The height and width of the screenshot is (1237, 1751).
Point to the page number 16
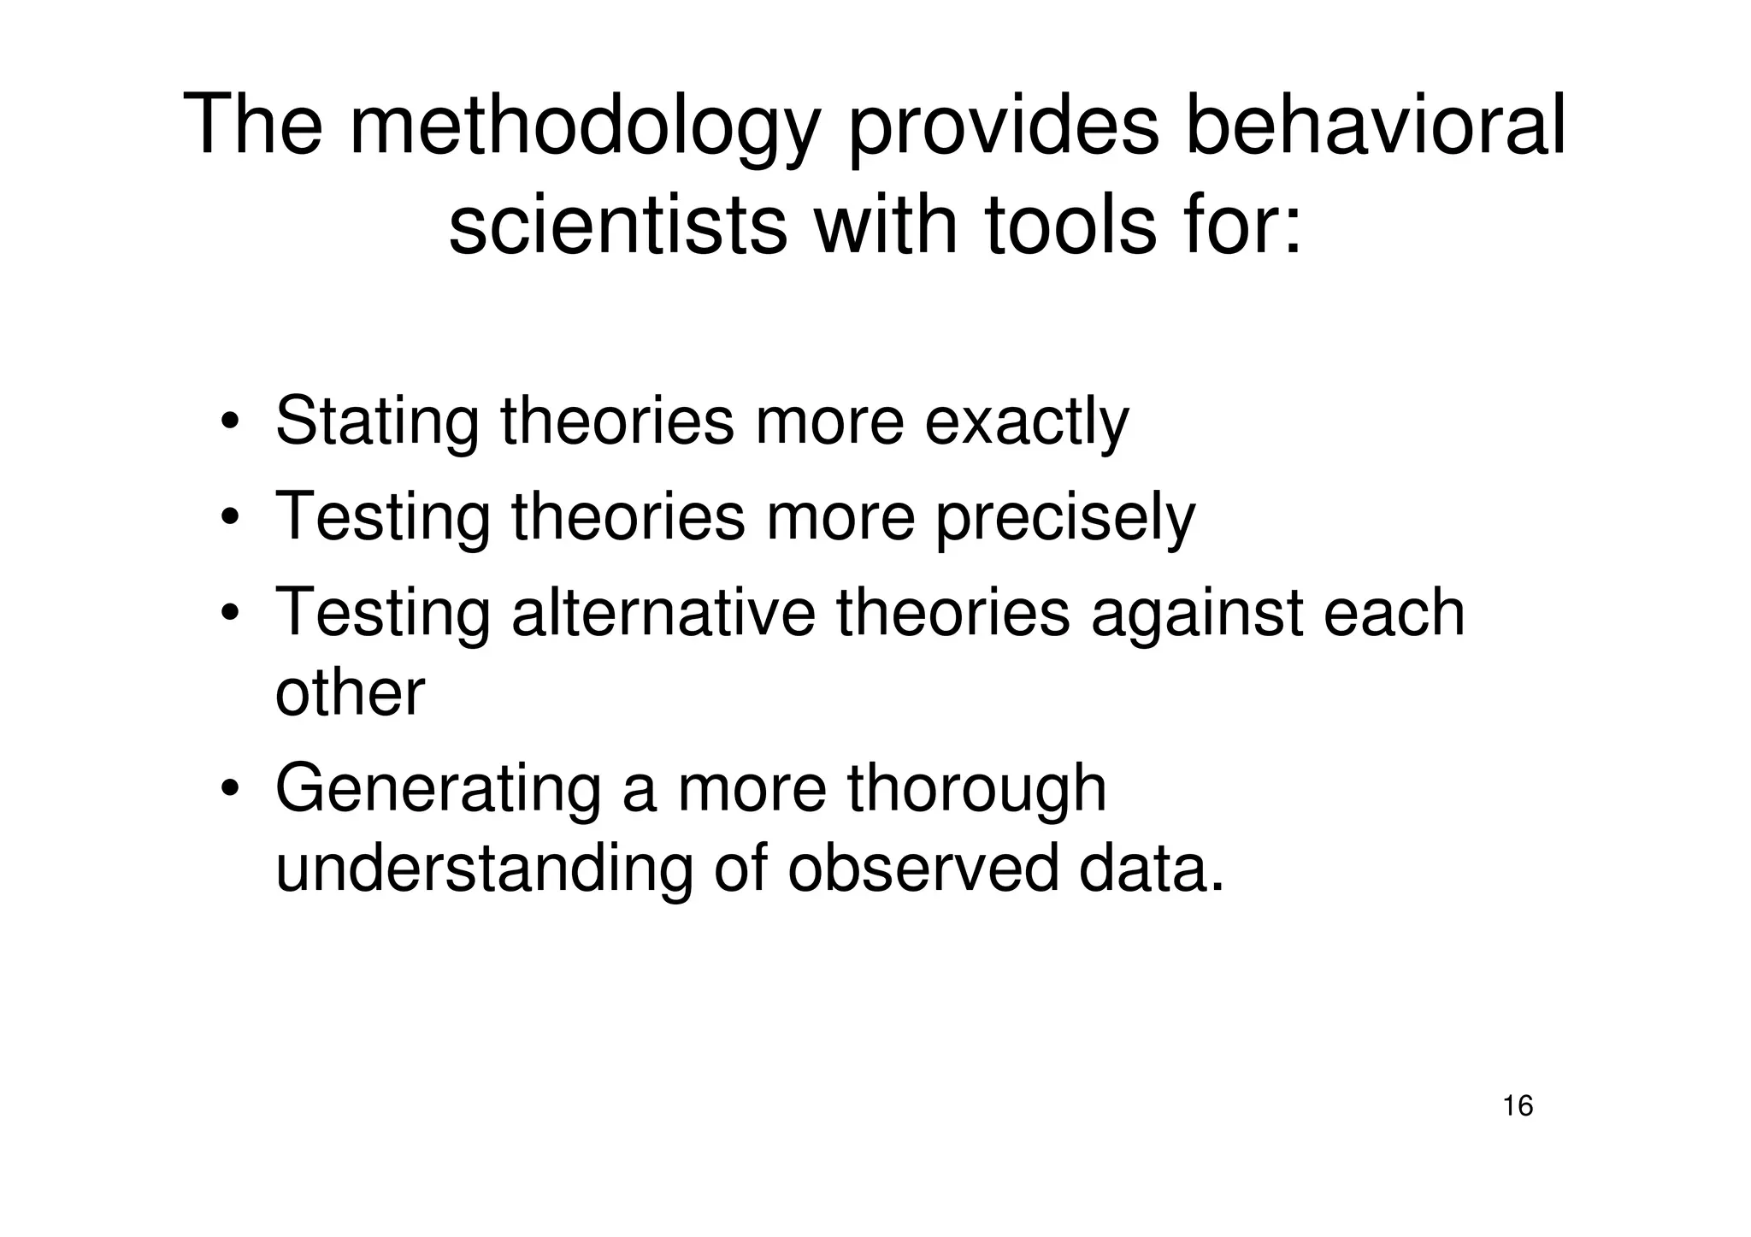1518,1106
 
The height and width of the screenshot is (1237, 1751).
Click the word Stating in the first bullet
377,422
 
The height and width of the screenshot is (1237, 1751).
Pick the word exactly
1027,422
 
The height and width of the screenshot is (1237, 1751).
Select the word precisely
1065,518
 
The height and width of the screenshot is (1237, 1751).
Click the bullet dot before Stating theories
229,424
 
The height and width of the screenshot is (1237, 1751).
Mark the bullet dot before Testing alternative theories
229,615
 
